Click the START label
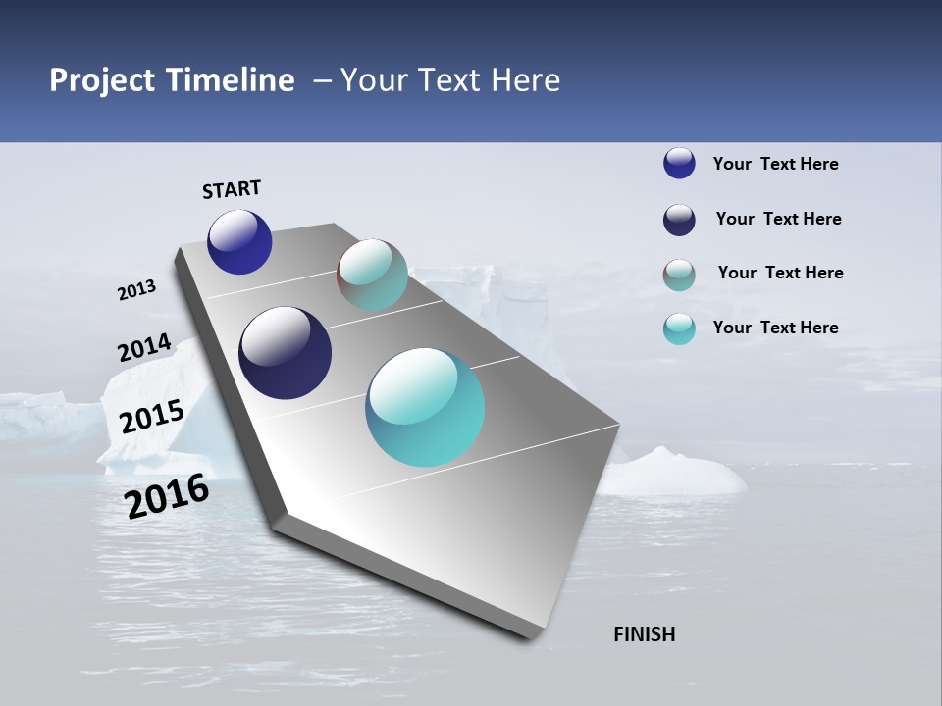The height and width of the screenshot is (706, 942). pos(232,189)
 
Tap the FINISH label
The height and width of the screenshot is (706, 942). pos(644,634)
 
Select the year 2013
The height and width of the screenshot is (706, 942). pos(136,290)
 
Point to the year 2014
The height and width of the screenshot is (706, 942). pos(144,348)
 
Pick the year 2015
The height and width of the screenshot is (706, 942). pos(151,417)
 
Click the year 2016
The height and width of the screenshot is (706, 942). pos(167,496)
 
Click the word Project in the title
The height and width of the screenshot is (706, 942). pos(103,80)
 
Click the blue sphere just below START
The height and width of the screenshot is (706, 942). pos(239,241)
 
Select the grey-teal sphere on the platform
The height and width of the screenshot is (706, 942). pos(372,275)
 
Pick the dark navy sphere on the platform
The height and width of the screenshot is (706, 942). pos(285,353)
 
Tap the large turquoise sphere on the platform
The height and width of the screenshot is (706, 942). pos(425,407)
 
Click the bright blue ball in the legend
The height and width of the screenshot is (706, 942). pos(679,163)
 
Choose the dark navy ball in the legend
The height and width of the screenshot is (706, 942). pos(679,220)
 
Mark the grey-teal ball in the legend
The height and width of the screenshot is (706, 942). pos(679,275)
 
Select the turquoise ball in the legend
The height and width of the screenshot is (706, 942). pos(679,328)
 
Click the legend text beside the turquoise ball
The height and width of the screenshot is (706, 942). pos(775,328)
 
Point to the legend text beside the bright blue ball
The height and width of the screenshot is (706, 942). pos(775,164)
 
